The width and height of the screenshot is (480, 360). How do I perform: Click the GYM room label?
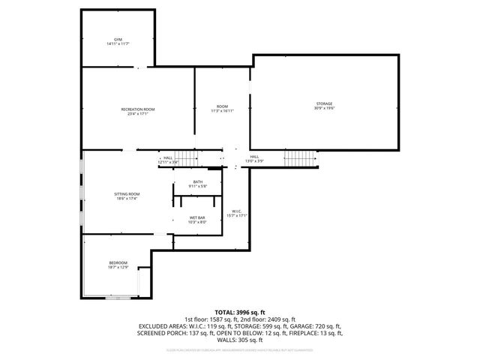pyautogui.click(x=118, y=39)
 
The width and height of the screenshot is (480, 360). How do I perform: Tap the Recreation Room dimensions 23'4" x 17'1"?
pyautogui.click(x=137, y=115)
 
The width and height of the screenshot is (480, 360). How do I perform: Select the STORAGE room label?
pyautogui.click(x=323, y=103)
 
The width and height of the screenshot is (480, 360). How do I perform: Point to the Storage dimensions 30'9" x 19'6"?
pyautogui.click(x=323, y=108)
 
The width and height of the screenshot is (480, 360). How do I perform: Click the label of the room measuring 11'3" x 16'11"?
pyautogui.click(x=222, y=106)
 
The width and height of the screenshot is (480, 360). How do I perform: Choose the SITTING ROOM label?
pyautogui.click(x=127, y=193)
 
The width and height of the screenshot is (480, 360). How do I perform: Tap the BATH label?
pyautogui.click(x=197, y=181)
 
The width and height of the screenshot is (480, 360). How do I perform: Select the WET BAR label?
pyautogui.click(x=197, y=217)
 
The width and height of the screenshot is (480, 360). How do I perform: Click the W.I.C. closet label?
pyautogui.click(x=236, y=211)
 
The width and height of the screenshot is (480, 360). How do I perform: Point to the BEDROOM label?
pyautogui.click(x=118, y=262)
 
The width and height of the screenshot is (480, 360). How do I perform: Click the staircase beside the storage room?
pyautogui.click(x=298, y=159)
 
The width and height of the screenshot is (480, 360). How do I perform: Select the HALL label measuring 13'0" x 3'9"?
pyautogui.click(x=254, y=157)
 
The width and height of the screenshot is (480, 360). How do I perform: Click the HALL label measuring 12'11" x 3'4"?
pyautogui.click(x=168, y=157)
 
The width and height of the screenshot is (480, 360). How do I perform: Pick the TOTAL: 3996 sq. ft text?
pyautogui.click(x=239, y=312)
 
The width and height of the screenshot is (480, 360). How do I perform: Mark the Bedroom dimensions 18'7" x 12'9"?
pyautogui.click(x=118, y=267)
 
